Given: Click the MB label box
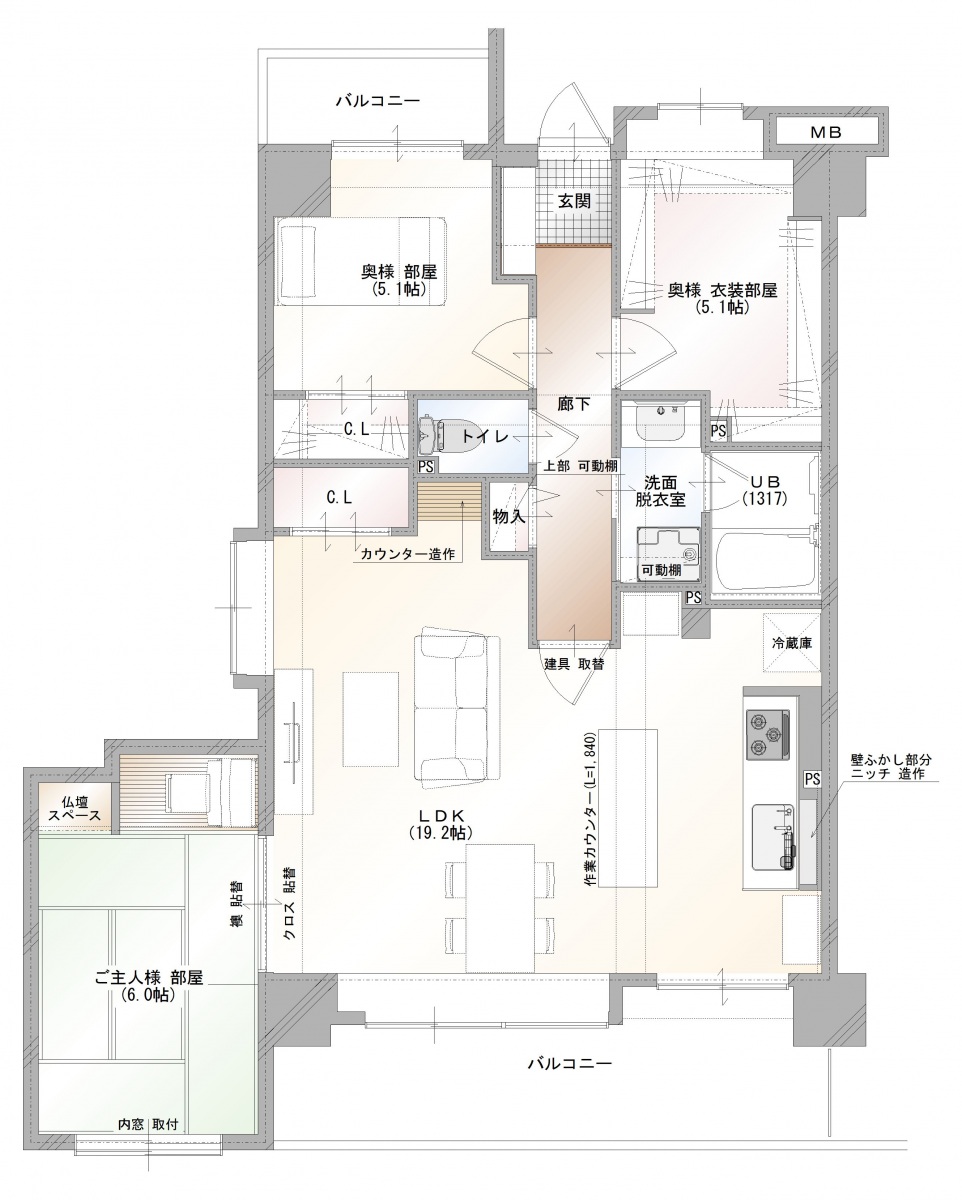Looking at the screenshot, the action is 825,133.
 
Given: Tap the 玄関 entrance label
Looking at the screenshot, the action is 574,201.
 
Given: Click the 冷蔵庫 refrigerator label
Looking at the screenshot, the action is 792,643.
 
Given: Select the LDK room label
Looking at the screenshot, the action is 441,824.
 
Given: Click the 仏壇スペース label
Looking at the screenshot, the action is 75,809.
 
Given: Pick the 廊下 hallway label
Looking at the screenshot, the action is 574,404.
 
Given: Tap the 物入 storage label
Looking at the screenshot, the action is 509,517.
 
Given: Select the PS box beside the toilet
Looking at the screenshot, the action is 426,466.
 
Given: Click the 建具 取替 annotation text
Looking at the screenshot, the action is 574,664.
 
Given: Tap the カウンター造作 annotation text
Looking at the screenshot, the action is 408,554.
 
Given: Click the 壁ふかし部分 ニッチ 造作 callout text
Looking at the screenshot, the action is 891,767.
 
